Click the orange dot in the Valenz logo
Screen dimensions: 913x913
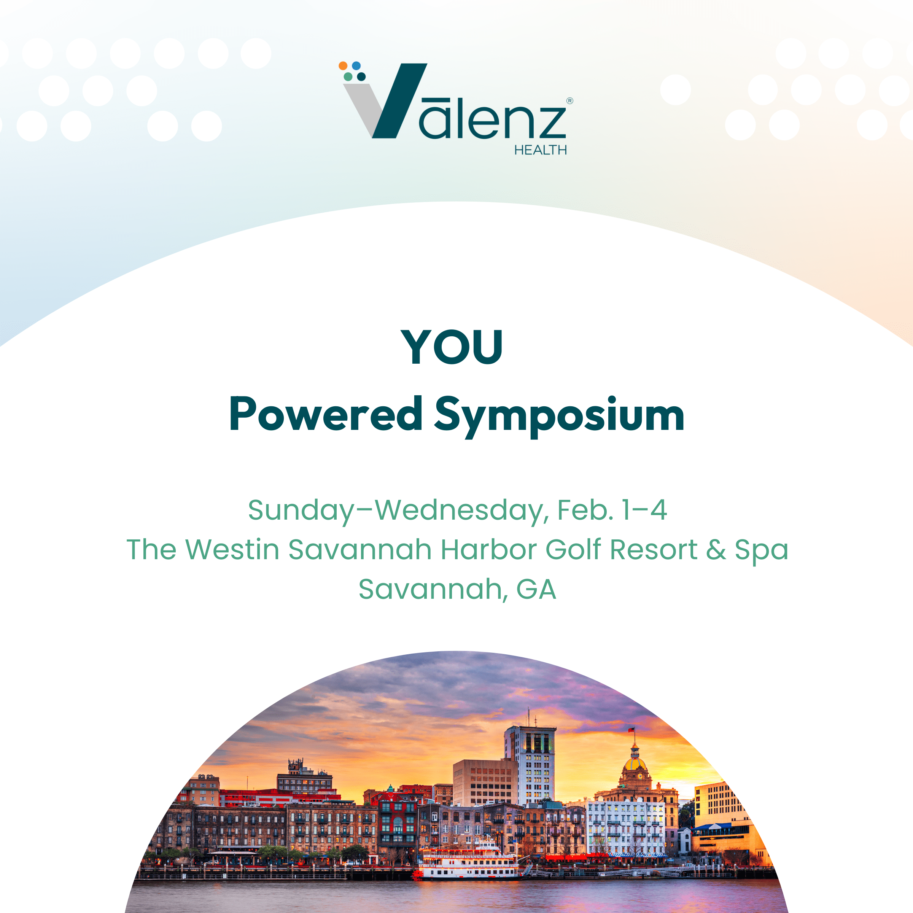343,66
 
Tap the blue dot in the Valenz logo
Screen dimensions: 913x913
356,66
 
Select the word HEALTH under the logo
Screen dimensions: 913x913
540,150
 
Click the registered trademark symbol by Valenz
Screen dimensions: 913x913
569,101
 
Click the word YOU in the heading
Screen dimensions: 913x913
452,347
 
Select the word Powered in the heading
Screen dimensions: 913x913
326,414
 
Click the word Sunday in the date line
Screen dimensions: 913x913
301,511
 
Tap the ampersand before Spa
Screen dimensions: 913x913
716,550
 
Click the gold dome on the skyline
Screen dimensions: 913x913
635,765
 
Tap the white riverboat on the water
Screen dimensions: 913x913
468,863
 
